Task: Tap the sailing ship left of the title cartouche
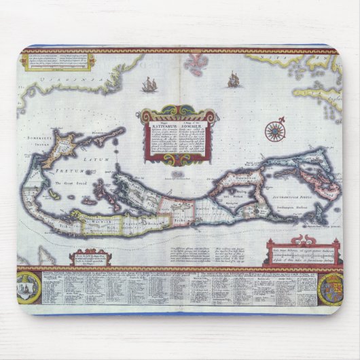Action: click(x=149, y=85)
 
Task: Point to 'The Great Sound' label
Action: click(x=67, y=184)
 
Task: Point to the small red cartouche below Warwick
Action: click(x=90, y=257)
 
